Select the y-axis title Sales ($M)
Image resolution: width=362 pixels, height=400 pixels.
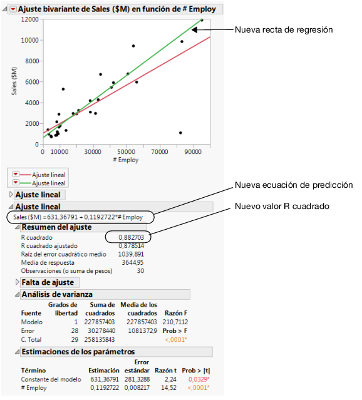pos(14,81)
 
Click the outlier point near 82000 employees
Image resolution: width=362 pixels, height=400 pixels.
pos(180,133)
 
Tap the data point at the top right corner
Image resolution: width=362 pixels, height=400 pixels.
pos(202,21)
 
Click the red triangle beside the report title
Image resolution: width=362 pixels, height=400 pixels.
pos(12,9)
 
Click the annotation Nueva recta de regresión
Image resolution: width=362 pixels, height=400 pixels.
pos(282,29)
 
